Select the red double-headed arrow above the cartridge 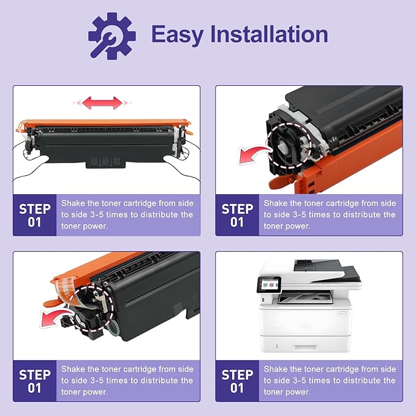point(102,102)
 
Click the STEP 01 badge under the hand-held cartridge point(35,214)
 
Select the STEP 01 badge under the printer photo point(237,380)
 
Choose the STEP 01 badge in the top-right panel point(237,214)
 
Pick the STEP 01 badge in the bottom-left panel point(35,380)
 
